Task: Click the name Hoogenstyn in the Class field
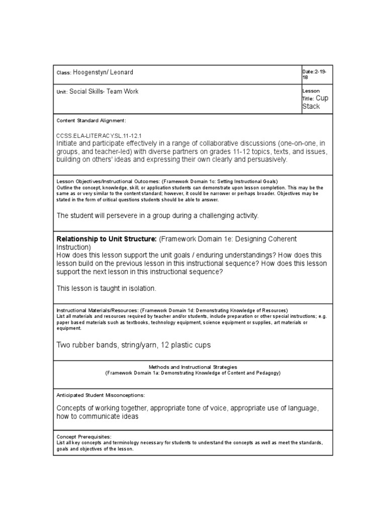click(x=90, y=72)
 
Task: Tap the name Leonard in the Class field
click(x=122, y=72)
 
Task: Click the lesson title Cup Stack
click(x=315, y=102)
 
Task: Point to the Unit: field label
click(x=62, y=92)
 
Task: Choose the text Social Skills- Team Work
click(x=104, y=92)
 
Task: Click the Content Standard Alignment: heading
click(x=91, y=121)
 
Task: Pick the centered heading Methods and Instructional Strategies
click(x=193, y=368)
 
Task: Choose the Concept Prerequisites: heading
click(x=84, y=437)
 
